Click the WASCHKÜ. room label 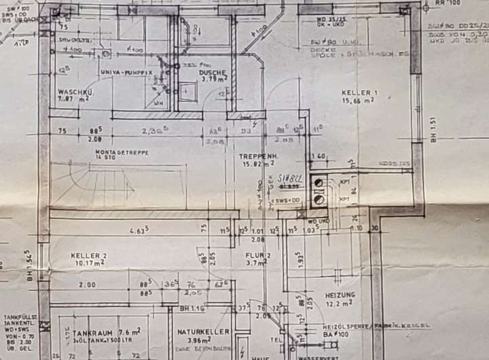[x=75, y=91]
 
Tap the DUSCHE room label [x=213, y=72]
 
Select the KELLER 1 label [x=359, y=92]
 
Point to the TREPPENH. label [x=256, y=156]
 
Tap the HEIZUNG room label [x=340, y=295]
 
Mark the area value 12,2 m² [x=340, y=304]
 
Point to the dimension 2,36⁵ [x=151, y=131]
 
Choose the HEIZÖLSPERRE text [x=347, y=326]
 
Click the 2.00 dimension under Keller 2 [x=86, y=285]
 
